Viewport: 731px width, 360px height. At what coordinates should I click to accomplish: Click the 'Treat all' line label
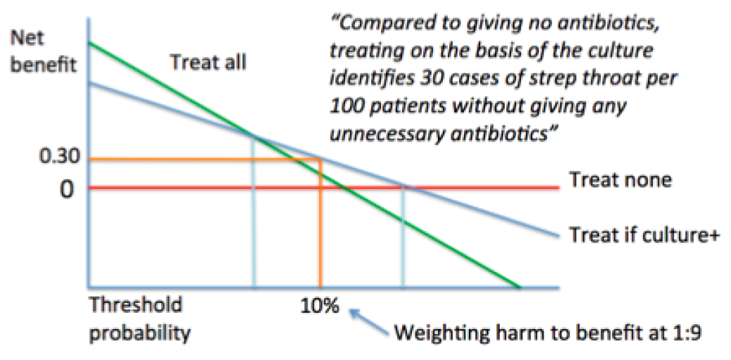coord(208,63)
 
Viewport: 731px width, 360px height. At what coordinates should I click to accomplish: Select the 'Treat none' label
coord(620,180)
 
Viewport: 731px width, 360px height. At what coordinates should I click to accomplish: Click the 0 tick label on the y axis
coord(65,189)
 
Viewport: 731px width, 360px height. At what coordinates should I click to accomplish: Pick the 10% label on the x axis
coord(321,307)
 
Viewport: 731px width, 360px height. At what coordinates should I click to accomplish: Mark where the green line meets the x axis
coord(519,288)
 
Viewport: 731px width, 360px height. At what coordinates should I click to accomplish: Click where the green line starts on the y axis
coord(89,43)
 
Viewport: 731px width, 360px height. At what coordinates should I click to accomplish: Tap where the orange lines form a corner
coord(321,160)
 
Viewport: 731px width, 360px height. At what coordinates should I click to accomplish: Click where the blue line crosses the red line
coord(404,187)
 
